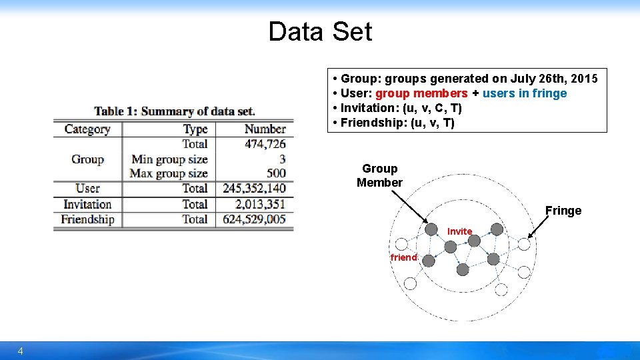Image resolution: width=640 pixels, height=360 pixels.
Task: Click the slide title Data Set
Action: [320, 31]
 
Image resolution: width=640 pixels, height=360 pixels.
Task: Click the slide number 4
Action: [21, 351]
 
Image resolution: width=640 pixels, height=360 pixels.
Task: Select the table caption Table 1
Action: [175, 111]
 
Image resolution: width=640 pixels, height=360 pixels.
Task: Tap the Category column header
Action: [87, 129]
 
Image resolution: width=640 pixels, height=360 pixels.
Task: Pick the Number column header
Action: [265, 129]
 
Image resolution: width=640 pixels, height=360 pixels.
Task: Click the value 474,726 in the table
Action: [265, 144]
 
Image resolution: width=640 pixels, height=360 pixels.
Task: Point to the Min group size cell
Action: [169, 159]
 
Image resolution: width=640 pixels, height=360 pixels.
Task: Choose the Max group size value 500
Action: [275, 173]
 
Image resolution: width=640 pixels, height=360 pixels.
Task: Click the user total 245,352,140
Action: [254, 189]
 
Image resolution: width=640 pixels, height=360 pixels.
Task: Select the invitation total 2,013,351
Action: [260, 204]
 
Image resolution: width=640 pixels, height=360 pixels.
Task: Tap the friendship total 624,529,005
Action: [254, 219]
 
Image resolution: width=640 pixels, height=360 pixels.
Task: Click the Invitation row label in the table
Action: [87, 204]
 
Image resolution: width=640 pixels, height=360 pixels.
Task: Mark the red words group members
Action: [421, 93]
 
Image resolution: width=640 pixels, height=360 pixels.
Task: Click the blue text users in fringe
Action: [524, 93]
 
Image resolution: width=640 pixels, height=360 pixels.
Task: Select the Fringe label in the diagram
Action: [563, 211]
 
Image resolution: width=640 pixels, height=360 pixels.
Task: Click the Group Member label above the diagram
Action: [379, 175]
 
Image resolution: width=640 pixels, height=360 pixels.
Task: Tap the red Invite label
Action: [459, 231]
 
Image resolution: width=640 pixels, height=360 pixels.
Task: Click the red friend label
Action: [403, 257]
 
